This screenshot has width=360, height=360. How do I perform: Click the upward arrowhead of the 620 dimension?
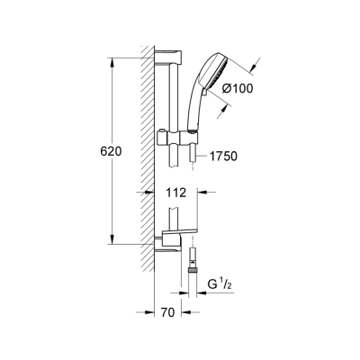click(112, 59)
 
